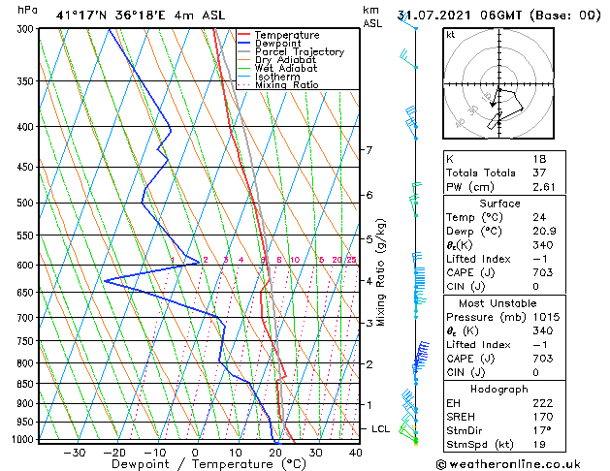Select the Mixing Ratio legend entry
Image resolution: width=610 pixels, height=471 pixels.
tap(286, 85)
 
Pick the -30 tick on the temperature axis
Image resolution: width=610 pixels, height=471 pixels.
tap(74, 452)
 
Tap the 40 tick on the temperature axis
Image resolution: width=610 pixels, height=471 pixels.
tap(356, 452)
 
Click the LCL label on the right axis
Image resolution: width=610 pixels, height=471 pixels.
tap(381, 428)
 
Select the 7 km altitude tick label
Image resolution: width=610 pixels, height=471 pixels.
tap(369, 150)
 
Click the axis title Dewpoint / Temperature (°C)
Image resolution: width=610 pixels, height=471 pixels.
tap(195, 464)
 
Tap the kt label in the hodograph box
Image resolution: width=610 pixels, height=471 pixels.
tap(450, 34)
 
